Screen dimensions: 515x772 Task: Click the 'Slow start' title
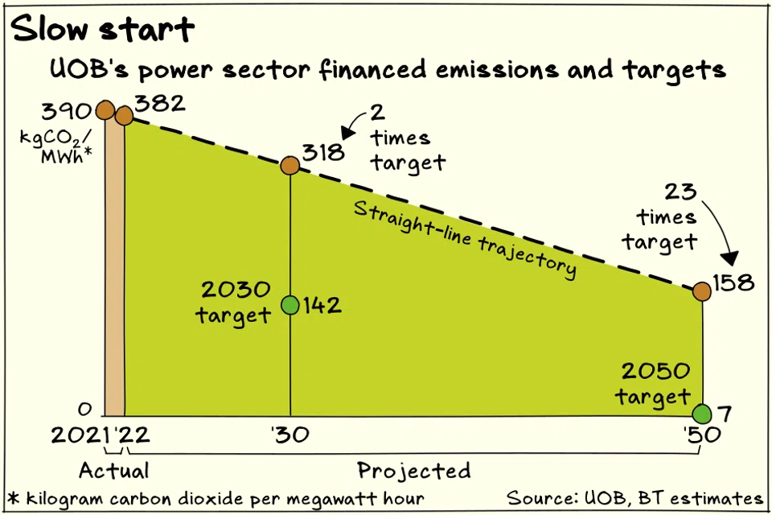[x=103, y=30]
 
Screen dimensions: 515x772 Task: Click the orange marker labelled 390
[x=105, y=110]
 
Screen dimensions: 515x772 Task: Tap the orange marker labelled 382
[x=124, y=117]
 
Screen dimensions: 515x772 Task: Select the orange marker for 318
[x=290, y=166]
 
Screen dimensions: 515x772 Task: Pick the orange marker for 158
[x=702, y=291]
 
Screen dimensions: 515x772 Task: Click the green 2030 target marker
[x=290, y=305]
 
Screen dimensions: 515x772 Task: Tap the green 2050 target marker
[x=702, y=414]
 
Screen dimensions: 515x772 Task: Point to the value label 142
[x=322, y=306]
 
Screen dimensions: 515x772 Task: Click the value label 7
[x=725, y=415]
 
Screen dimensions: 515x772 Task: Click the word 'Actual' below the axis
[x=113, y=469]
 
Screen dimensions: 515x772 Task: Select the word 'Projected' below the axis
[x=413, y=470]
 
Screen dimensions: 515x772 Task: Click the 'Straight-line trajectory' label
[x=465, y=238]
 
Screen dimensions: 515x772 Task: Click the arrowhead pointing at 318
[x=347, y=132]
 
